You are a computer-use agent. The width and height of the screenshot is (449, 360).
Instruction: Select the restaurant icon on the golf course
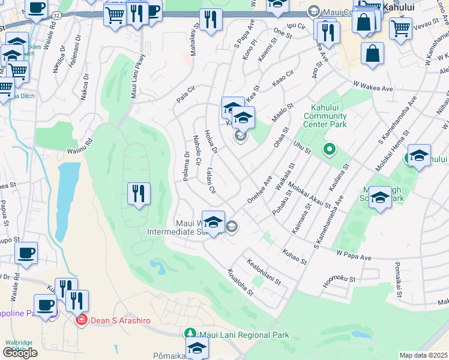pos(139,194)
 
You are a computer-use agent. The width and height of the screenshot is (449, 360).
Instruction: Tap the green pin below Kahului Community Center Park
pos(328,148)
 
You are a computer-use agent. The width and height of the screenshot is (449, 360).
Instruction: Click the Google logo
pos(20,352)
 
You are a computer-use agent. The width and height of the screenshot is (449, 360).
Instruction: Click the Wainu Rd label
pos(80,143)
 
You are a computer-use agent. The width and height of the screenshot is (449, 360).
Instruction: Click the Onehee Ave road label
pos(259,190)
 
